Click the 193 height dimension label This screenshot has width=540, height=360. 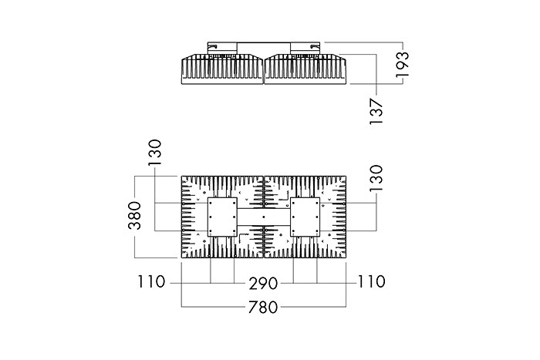click(402, 64)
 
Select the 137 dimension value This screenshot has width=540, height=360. click(376, 112)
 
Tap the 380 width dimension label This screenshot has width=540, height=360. click(135, 216)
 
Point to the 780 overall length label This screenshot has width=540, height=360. click(263, 308)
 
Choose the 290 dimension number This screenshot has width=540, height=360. click(263, 284)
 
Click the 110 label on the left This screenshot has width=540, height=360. click(151, 281)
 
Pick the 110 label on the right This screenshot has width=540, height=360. click(371, 281)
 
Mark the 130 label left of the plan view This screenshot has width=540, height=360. click(155, 153)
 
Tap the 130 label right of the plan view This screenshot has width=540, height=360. click(376, 178)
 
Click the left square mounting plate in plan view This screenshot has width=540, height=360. click(222, 217)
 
